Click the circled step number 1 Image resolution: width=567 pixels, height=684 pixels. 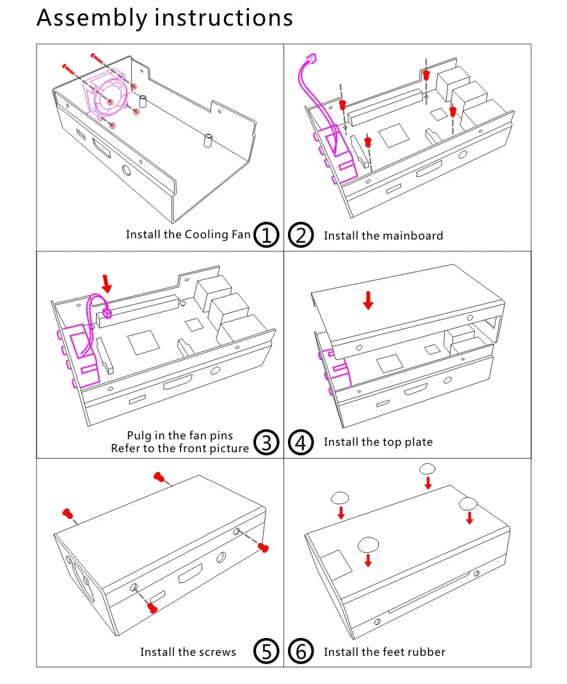click(x=267, y=235)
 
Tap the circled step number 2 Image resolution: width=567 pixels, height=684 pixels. click(x=301, y=235)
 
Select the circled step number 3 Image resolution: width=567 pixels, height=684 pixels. click(x=267, y=442)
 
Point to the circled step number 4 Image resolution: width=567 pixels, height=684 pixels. click(x=301, y=442)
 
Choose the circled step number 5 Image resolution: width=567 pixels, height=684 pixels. click(x=267, y=652)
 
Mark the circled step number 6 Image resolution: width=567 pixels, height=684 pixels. click(x=301, y=652)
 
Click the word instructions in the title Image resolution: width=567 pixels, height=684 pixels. click(x=224, y=17)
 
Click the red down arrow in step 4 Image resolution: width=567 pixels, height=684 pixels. click(x=367, y=300)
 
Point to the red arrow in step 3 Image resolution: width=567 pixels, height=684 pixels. click(x=107, y=282)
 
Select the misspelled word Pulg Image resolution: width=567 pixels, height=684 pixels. click(x=140, y=436)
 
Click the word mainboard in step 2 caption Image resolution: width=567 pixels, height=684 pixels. click(x=413, y=236)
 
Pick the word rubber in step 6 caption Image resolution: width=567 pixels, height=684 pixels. click(x=426, y=652)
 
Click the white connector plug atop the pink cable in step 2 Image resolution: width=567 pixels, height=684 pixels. click(x=310, y=63)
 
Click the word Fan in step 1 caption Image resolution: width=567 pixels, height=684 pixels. click(x=240, y=234)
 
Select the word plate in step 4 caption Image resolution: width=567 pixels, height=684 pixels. click(x=418, y=442)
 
